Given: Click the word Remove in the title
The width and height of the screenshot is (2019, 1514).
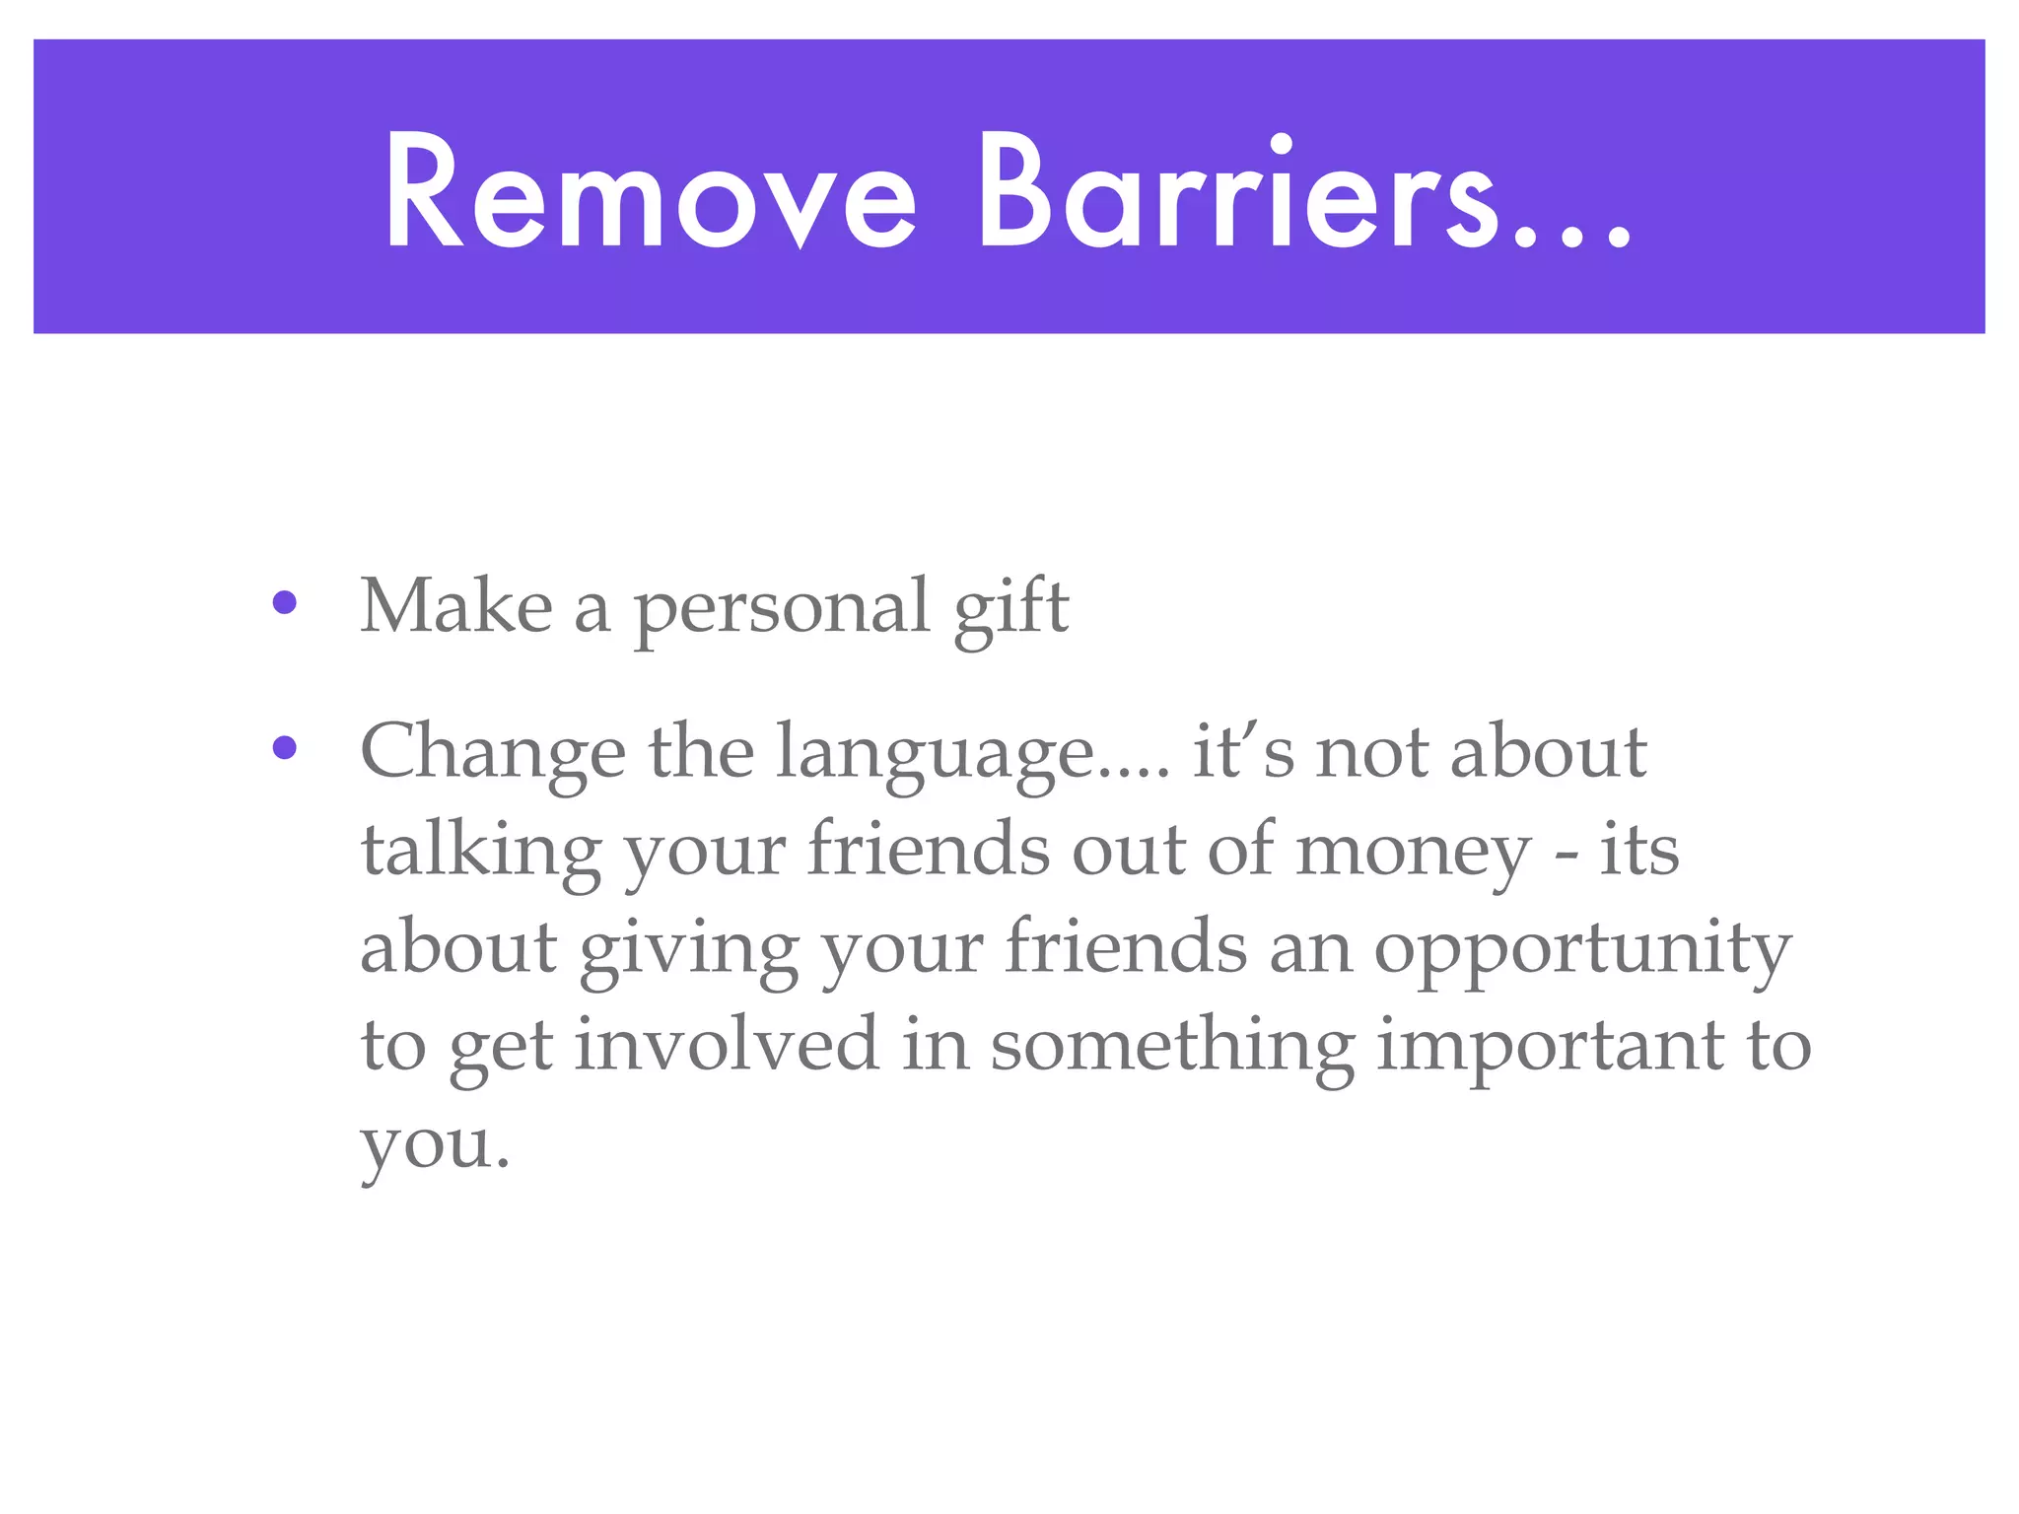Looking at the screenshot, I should [x=651, y=192].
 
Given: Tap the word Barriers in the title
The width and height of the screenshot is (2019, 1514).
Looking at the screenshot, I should [x=1232, y=192].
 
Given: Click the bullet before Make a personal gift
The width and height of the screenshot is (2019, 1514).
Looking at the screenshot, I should [x=285, y=603].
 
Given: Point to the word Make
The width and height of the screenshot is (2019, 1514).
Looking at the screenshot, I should [x=456, y=605].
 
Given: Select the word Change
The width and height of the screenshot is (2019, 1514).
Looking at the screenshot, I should [x=493, y=753].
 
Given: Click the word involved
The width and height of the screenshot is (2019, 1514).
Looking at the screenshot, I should [x=727, y=1045].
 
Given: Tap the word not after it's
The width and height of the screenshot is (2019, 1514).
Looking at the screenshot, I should [x=1373, y=753].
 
